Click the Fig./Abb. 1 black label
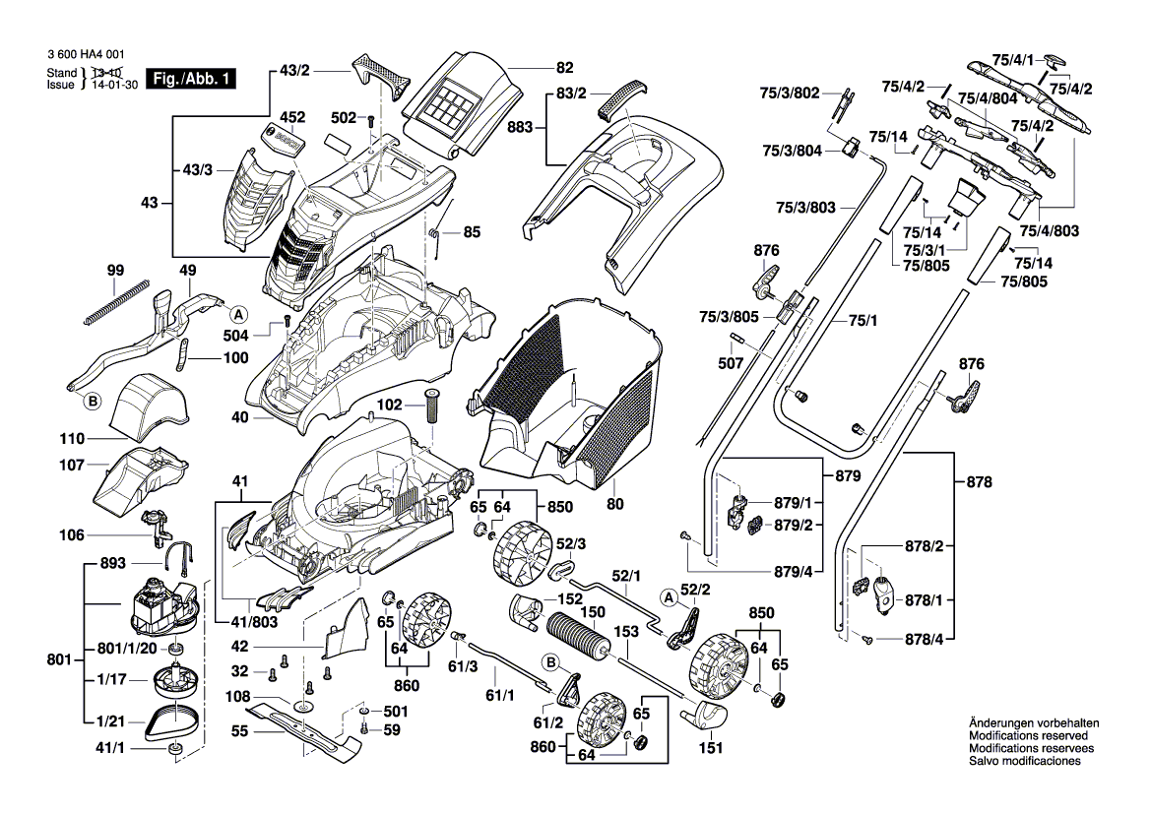point(192,80)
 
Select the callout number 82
point(564,68)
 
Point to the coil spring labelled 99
point(116,296)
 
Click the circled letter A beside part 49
point(236,315)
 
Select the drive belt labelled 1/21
point(172,723)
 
